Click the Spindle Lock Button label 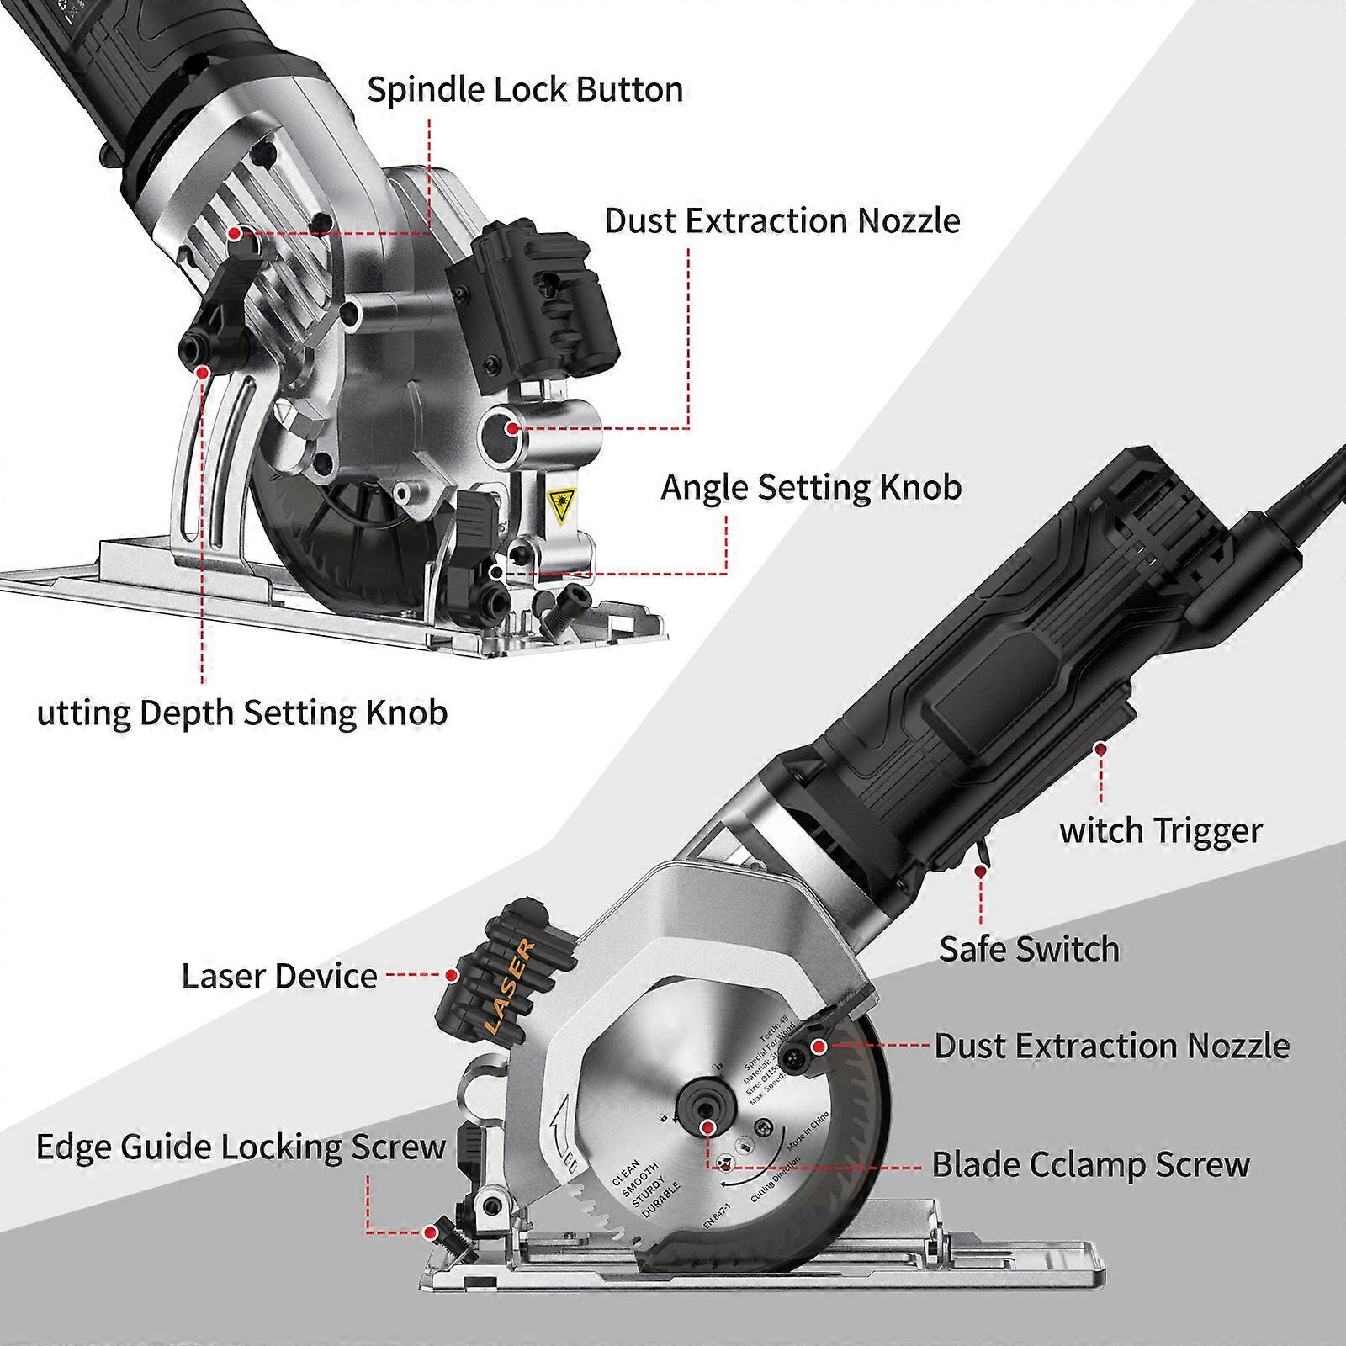point(525,90)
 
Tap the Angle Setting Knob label point(810,487)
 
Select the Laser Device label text point(279,976)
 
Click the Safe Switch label point(1029,949)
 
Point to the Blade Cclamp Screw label point(1090,1165)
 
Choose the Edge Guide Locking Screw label point(241,1147)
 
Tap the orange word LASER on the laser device point(511,988)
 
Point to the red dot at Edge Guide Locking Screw point(430,1233)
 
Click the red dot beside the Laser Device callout point(452,976)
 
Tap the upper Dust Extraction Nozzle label point(782,220)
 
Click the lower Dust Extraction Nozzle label point(1111,1046)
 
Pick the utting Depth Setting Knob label point(242,713)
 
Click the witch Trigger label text point(1160,830)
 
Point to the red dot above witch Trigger point(1099,747)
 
